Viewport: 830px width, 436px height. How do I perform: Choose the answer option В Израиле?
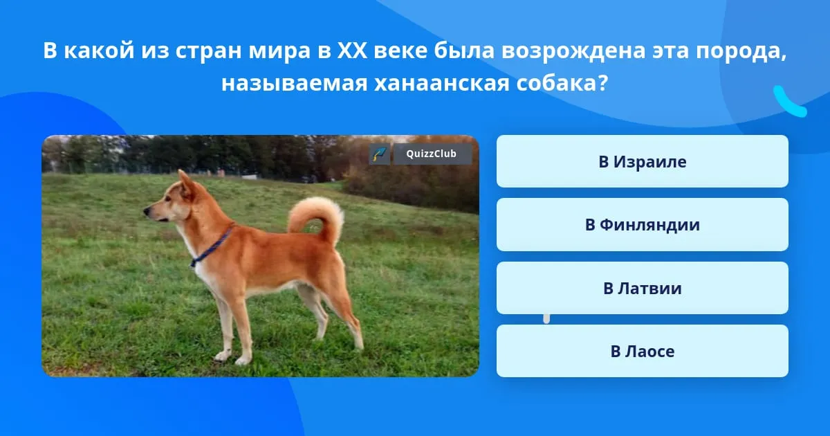(642, 161)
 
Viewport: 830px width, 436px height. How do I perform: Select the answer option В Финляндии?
(642, 225)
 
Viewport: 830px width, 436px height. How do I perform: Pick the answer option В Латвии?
(642, 288)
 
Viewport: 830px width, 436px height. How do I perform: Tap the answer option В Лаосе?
(642, 351)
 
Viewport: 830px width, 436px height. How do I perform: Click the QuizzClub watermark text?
(431, 154)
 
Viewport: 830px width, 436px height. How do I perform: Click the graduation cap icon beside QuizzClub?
(380, 154)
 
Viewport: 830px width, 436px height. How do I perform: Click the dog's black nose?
(147, 211)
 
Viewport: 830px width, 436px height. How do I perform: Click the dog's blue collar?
(212, 247)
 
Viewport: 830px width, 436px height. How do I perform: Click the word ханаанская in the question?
(442, 83)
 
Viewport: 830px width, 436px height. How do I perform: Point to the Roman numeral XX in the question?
(352, 50)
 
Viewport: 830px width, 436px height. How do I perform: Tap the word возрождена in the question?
(573, 51)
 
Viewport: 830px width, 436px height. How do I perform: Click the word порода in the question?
(739, 51)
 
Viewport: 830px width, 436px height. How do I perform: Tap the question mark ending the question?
(603, 82)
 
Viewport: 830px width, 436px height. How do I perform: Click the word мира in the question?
(279, 51)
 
